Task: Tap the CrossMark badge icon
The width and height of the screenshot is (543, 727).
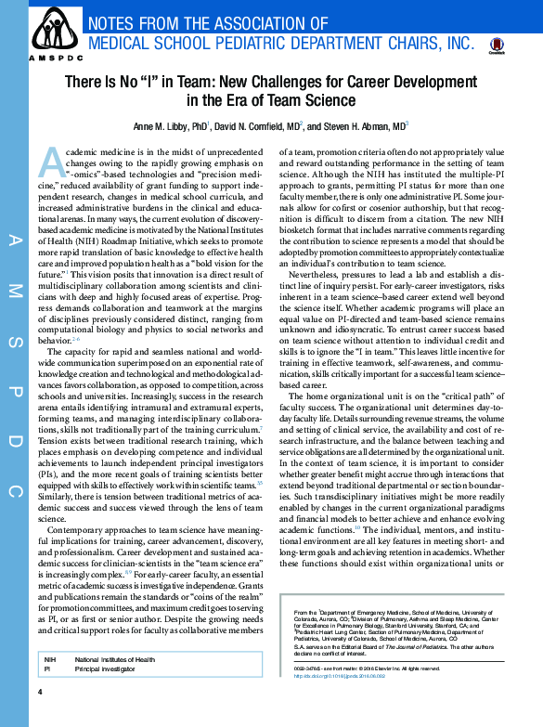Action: coord(496,45)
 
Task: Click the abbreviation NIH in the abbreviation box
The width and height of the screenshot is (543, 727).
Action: coord(50,658)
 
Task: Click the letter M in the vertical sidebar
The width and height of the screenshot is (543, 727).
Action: coord(13,292)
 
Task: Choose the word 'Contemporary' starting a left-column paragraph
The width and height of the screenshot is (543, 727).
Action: coord(75,530)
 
